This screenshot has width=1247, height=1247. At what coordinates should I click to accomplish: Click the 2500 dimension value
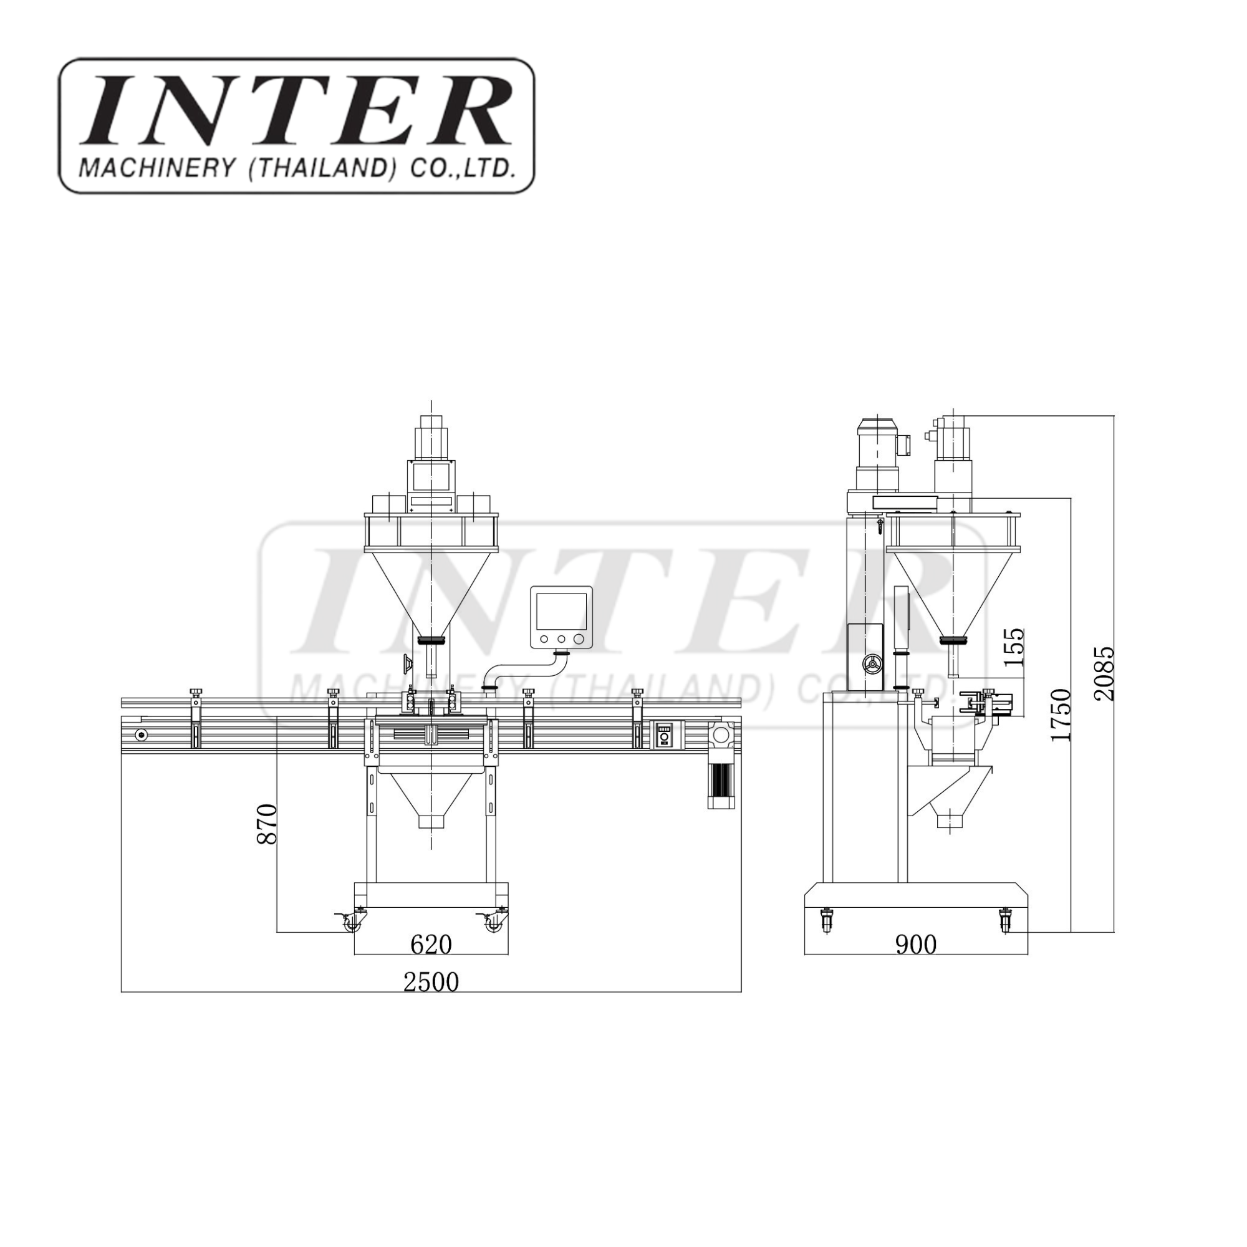pyautogui.click(x=431, y=982)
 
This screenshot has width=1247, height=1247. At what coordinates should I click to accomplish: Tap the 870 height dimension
pyautogui.click(x=267, y=824)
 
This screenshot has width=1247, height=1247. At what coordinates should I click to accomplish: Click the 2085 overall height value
pyautogui.click(x=1104, y=673)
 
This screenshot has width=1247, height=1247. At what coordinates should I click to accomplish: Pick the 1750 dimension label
pyautogui.click(x=1061, y=715)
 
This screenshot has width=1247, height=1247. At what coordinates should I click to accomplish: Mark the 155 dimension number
pyautogui.click(x=1014, y=647)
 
